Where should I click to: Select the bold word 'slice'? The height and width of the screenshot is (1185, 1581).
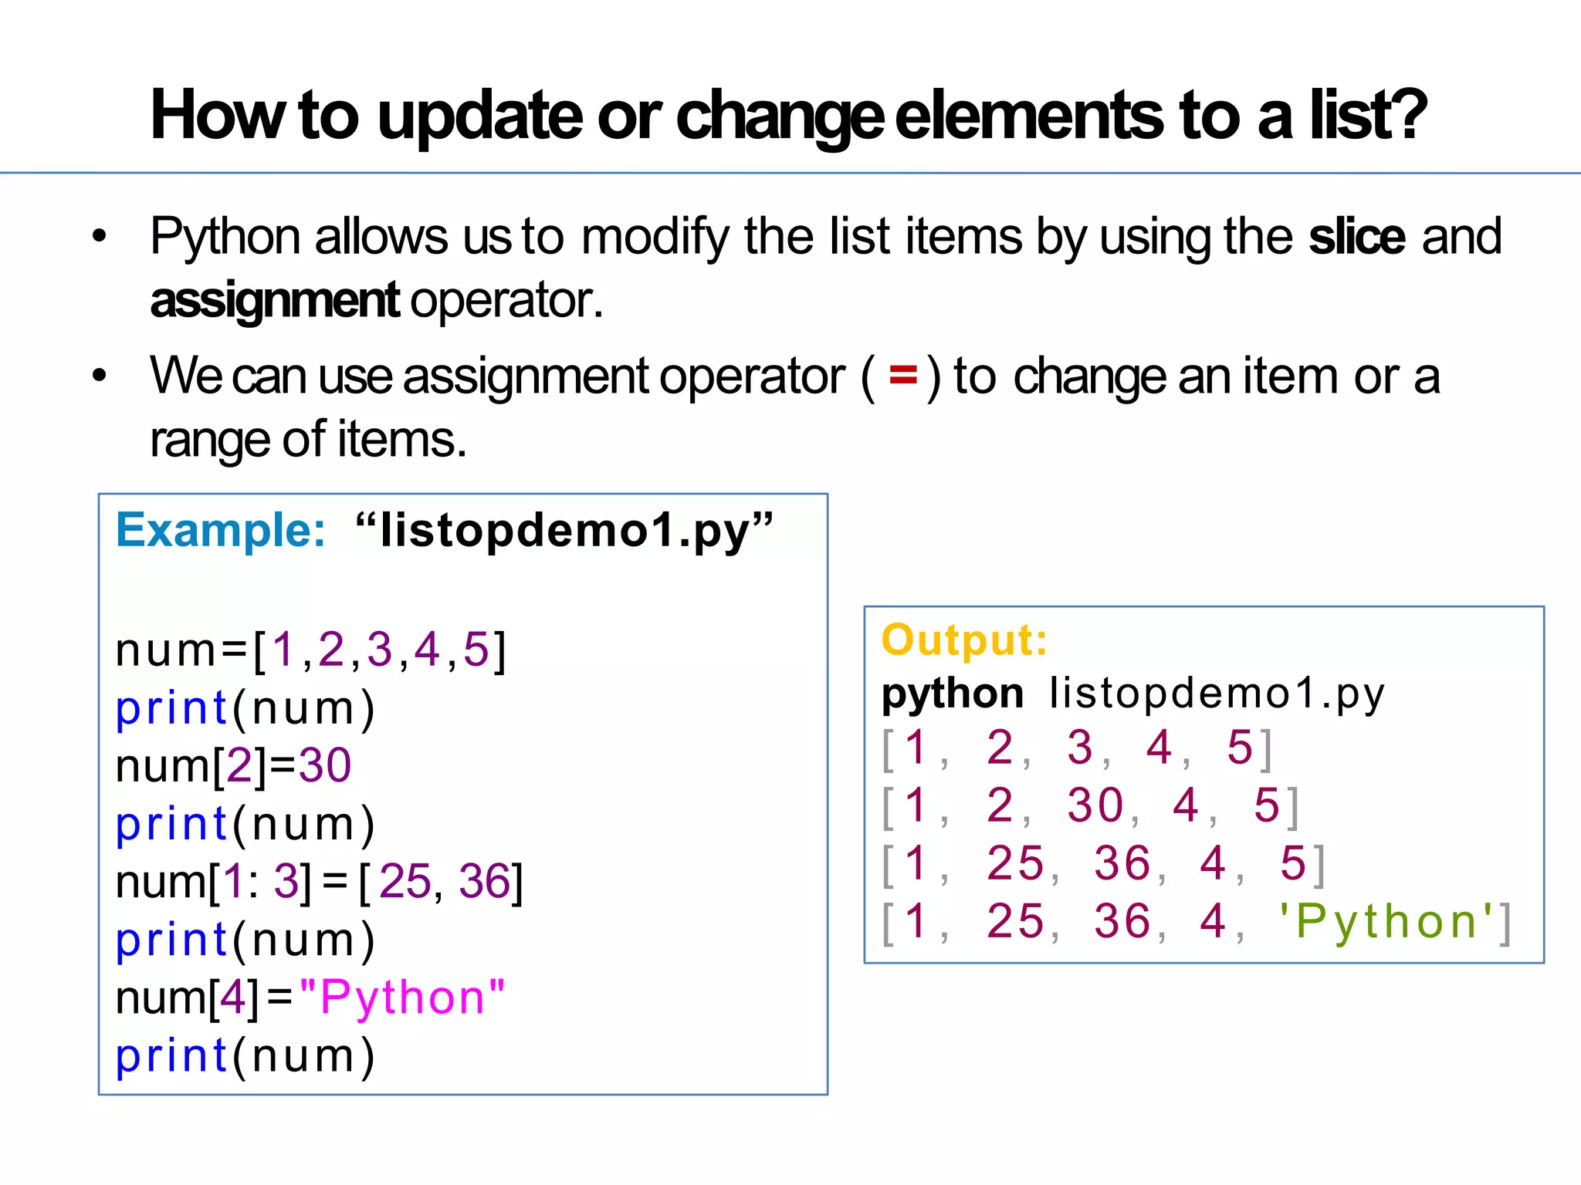pos(1356,236)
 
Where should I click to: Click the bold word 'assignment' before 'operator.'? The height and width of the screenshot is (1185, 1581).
pos(274,300)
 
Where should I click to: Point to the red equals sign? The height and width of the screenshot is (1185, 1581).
pos(902,376)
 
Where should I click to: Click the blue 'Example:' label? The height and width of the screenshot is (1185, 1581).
pos(221,531)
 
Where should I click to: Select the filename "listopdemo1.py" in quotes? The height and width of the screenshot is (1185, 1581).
pos(564,531)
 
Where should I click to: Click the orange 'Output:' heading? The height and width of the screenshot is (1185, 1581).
pos(964,640)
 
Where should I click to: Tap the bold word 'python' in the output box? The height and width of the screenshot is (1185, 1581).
pos(952,693)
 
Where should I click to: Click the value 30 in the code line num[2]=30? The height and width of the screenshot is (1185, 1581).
pos(325,765)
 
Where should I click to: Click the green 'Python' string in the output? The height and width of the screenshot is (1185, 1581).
pos(1386,921)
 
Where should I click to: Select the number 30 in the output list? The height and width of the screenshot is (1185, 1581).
pos(1095,805)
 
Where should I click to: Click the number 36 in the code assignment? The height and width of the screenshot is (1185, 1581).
pos(484,881)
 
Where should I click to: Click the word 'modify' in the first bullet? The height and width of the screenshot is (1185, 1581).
pos(655,236)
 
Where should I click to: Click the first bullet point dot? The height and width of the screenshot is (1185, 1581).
pos(99,236)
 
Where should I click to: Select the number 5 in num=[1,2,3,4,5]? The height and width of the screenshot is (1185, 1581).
pos(476,650)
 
